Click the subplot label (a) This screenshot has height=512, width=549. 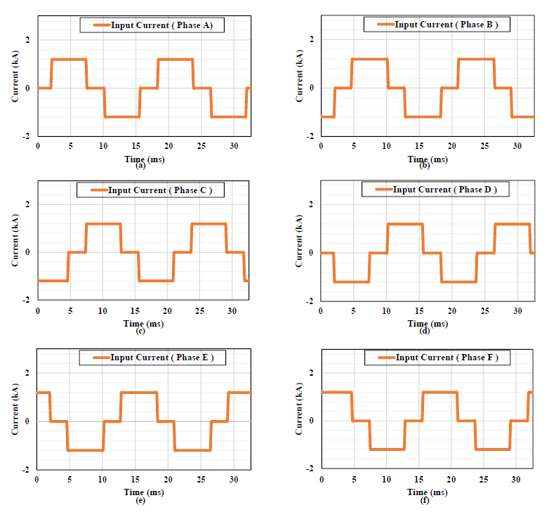pos(140,165)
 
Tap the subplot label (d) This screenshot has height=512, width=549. pos(424,331)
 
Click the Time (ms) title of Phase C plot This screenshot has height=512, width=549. pos(143,323)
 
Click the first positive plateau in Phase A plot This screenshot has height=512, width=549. pos(69,60)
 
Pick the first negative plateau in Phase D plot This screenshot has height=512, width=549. pos(352,282)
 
